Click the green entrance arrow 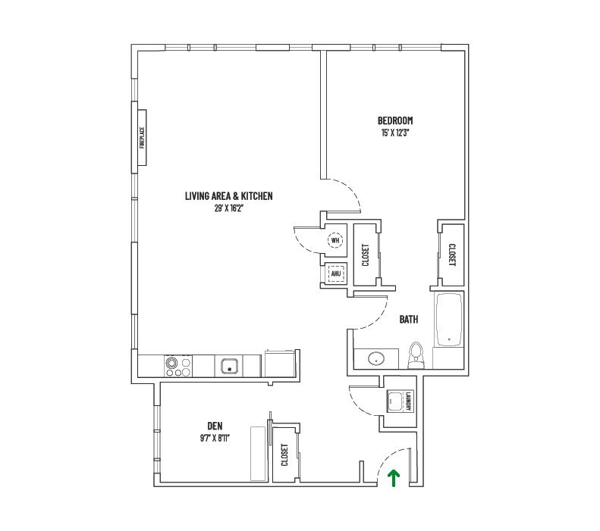pos(393,477)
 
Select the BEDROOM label pos(395,120)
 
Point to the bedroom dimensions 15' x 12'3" pos(395,133)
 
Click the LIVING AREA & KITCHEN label pos(228,196)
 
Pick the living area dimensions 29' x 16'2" pos(228,208)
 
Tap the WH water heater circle pos(335,241)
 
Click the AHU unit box pos(335,273)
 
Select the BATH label pos(409,320)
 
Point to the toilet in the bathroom pos(415,355)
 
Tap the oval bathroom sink pos(376,358)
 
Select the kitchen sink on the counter pos(228,367)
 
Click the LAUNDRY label pos(407,401)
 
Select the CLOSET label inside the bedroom pos(451,254)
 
